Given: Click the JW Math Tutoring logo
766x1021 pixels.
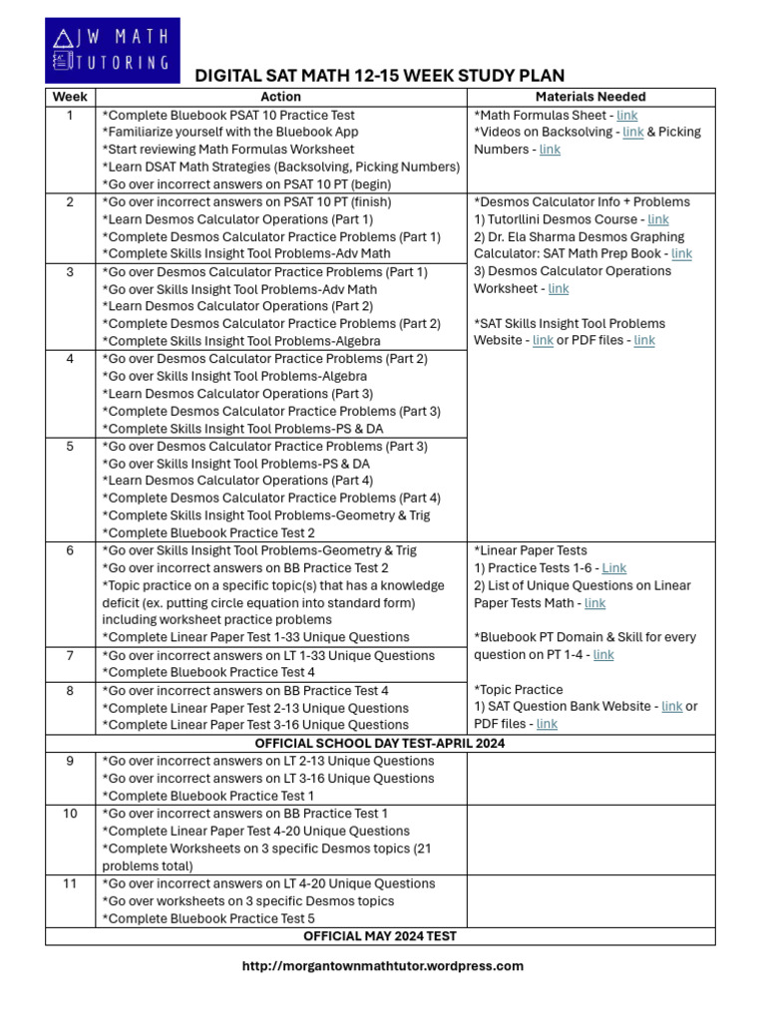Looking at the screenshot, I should click(113, 50).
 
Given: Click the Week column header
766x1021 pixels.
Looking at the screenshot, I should click(70, 97).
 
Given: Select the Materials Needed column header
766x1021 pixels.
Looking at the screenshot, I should click(590, 97).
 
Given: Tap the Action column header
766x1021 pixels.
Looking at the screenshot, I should click(280, 97).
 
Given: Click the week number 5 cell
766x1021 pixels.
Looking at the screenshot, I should click(70, 446).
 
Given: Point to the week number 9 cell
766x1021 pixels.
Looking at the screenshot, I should click(70, 761).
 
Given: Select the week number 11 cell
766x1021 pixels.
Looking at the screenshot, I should click(70, 883).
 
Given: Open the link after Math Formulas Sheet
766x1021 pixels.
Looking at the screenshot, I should click(627, 115).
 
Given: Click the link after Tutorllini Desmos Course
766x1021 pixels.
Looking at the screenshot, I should click(658, 219).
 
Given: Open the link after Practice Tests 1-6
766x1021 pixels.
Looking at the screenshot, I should click(614, 568).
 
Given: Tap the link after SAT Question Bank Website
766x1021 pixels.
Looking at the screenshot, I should click(672, 707).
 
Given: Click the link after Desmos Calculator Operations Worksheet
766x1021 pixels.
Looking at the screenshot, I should click(559, 289).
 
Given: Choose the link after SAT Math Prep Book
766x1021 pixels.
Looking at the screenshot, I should click(681, 254).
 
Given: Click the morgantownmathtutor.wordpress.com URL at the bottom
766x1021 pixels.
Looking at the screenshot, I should click(383, 965).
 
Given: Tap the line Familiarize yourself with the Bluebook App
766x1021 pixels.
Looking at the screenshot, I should click(230, 132).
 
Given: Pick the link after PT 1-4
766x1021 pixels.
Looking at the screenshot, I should click(603, 655).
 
